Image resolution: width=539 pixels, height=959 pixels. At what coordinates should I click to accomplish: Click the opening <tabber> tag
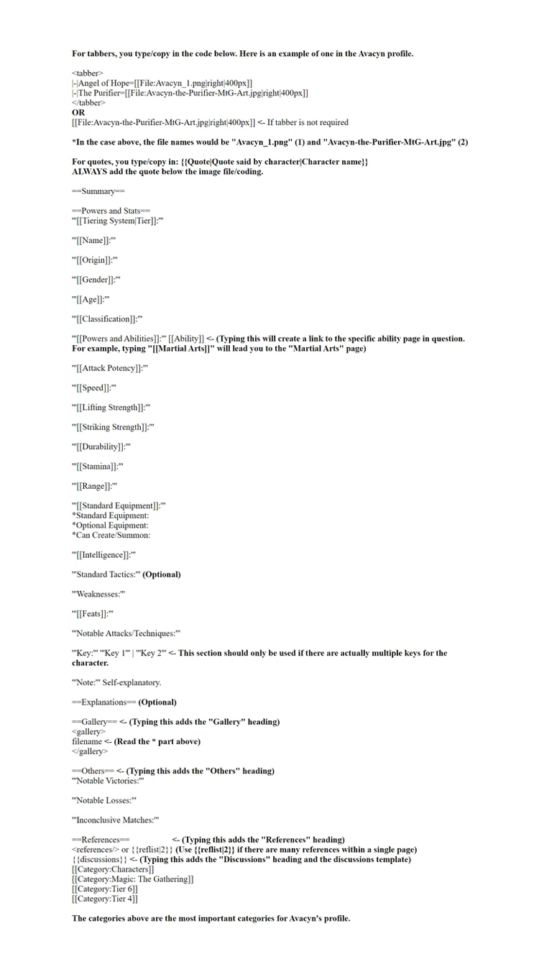coord(88,73)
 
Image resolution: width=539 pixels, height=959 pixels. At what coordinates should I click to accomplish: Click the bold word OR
coord(78,113)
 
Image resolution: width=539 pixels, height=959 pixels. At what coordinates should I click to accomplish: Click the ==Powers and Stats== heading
coord(111,211)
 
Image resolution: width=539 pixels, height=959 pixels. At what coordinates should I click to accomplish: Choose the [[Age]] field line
coord(91,299)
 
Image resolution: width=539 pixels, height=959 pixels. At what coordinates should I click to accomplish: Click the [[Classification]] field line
coord(107,318)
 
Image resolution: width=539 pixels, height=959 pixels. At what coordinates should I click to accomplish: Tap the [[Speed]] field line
coord(94,388)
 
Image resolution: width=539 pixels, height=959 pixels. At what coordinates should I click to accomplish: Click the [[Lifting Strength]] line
coord(111,408)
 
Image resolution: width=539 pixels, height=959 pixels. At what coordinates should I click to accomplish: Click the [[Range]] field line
coord(94,486)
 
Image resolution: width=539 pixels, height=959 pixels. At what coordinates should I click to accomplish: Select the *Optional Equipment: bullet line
coord(110,526)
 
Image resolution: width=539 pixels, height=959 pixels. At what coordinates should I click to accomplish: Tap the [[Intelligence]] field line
coord(103,555)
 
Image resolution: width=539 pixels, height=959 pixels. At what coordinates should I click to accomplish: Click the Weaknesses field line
coord(98,595)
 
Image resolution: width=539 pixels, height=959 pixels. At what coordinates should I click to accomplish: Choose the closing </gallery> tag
coord(90,751)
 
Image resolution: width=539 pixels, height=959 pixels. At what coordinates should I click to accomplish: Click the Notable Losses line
coord(104,800)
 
